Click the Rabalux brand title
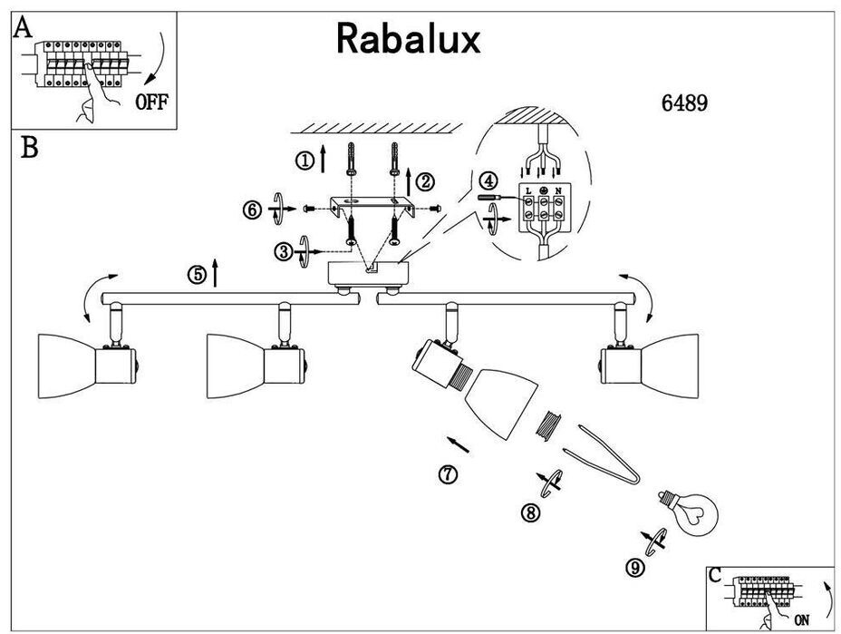click(408, 38)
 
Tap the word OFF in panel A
click(151, 101)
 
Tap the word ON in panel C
click(801, 620)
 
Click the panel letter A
click(23, 28)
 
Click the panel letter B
click(29, 148)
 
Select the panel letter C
click(716, 575)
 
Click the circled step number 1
click(304, 161)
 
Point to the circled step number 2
click(425, 182)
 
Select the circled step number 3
click(285, 250)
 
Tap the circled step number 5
click(197, 275)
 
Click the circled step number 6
click(252, 210)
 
